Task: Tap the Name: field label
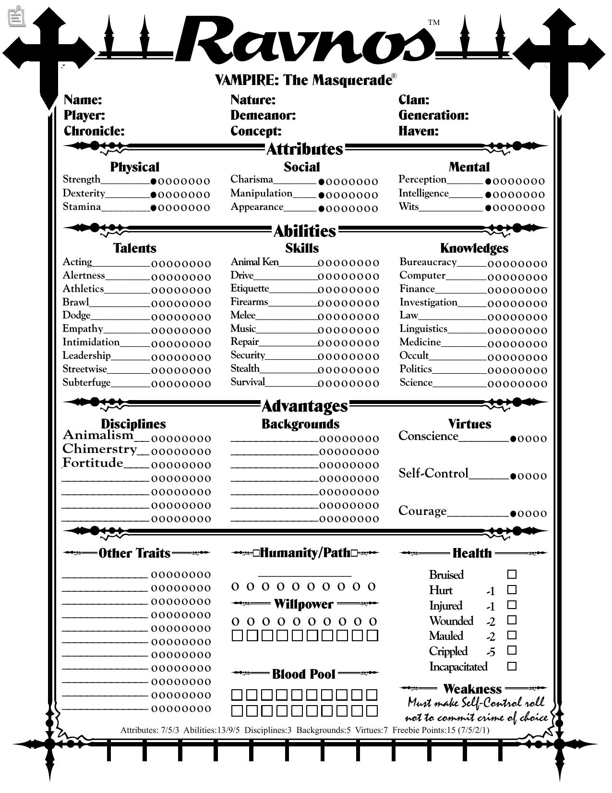click(x=83, y=100)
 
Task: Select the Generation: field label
click(x=433, y=115)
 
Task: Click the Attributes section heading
click(x=305, y=149)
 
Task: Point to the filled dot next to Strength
click(x=154, y=182)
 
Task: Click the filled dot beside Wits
click(x=488, y=208)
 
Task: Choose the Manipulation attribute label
click(x=261, y=194)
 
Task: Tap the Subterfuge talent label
click(x=86, y=382)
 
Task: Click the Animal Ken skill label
click(x=254, y=262)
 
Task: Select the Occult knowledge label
click(x=414, y=355)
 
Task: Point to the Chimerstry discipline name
click(x=99, y=449)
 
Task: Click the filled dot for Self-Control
click(x=513, y=476)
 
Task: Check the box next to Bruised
click(x=512, y=574)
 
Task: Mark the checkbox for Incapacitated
click(x=512, y=666)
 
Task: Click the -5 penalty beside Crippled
click(x=490, y=652)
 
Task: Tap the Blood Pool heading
click(x=303, y=674)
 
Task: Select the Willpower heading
click(x=303, y=604)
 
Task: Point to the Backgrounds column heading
click(x=300, y=424)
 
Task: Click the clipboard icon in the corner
click(x=17, y=16)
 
